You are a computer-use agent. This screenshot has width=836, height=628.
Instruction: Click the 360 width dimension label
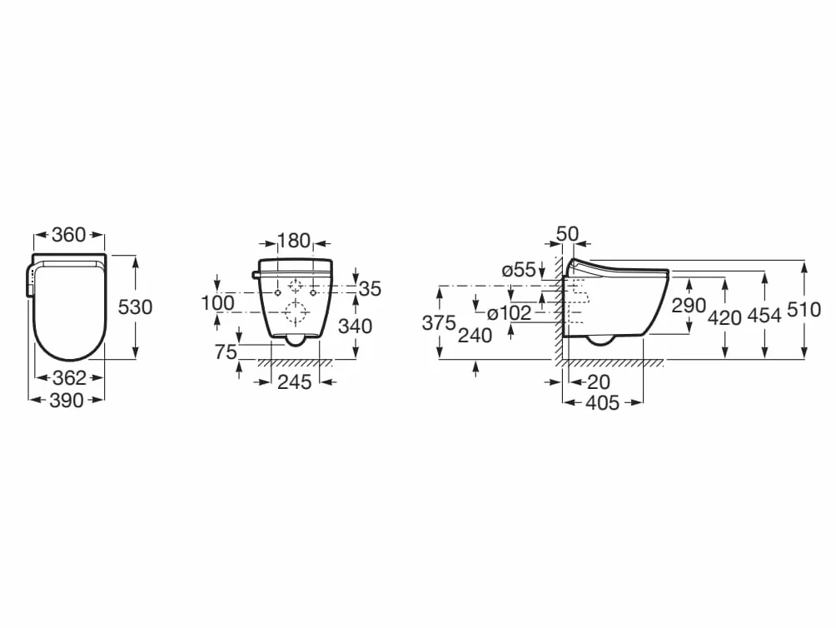click(69, 235)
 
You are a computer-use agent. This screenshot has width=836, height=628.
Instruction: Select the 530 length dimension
click(135, 307)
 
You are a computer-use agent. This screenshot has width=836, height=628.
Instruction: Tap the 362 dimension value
click(69, 378)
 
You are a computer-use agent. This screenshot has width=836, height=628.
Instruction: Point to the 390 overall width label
click(67, 401)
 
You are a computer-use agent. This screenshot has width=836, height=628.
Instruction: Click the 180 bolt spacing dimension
click(294, 241)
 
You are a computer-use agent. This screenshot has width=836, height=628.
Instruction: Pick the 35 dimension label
click(370, 289)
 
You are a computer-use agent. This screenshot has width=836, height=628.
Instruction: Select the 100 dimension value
click(217, 303)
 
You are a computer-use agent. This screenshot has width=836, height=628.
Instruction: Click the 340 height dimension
click(355, 326)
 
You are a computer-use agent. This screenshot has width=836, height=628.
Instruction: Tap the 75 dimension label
click(226, 351)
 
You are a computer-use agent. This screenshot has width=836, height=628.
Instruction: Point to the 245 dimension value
click(295, 382)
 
